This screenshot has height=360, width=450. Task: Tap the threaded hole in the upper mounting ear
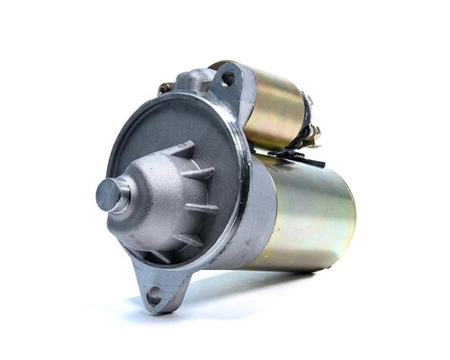coord(227,79)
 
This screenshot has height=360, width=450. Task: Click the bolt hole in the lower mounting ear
coord(154,293)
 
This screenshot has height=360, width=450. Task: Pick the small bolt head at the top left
coord(165,88)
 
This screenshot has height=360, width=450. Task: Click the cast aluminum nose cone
coord(166,198)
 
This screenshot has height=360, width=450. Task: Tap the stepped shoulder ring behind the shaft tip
coord(124,195)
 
